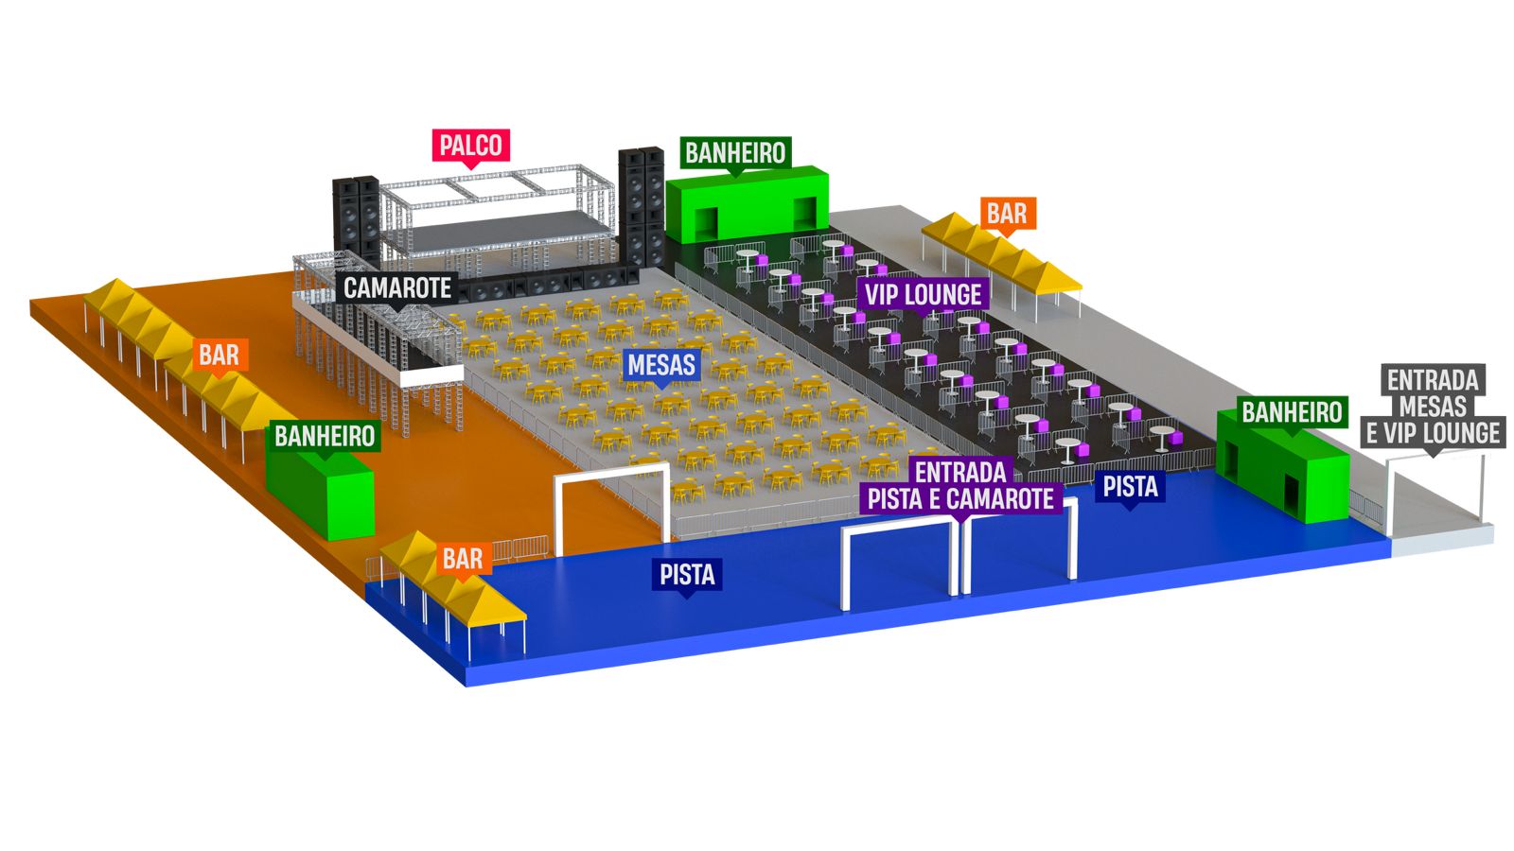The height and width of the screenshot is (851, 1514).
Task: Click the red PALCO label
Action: point(470,146)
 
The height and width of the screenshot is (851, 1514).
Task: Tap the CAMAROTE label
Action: point(397,287)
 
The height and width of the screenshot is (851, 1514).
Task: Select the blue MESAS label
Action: point(660,364)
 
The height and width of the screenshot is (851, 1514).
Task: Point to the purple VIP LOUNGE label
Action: point(923,294)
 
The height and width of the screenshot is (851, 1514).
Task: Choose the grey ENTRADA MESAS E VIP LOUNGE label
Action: point(1433,407)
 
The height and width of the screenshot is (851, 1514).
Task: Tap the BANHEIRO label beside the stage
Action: point(735,153)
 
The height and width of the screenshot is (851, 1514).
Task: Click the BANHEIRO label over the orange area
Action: point(325,436)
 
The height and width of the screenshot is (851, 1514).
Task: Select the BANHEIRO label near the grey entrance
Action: point(1292,412)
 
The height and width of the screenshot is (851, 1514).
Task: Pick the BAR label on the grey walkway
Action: point(1006,214)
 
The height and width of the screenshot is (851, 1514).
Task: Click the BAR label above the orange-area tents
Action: point(219,356)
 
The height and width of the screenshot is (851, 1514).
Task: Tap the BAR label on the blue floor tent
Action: point(462,559)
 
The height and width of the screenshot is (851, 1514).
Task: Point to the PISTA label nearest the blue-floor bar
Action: point(687,574)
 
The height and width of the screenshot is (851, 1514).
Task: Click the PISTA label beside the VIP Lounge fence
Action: point(1130,487)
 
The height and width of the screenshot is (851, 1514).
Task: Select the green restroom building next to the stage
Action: point(747,204)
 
